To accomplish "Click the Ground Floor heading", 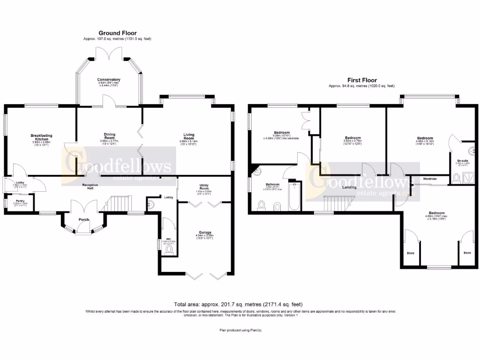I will coord(117,33).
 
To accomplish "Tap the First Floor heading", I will coord(361,80).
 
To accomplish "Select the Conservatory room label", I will coord(109,80).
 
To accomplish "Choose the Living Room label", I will coord(188,136).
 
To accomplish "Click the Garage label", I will coord(204,232).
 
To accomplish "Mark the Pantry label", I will coord(20,201).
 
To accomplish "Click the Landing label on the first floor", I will coord(348,187).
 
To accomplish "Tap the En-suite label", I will coord(463,161).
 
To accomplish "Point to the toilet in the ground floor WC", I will coord(169,249).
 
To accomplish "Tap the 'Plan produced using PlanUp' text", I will coord(241,330).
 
